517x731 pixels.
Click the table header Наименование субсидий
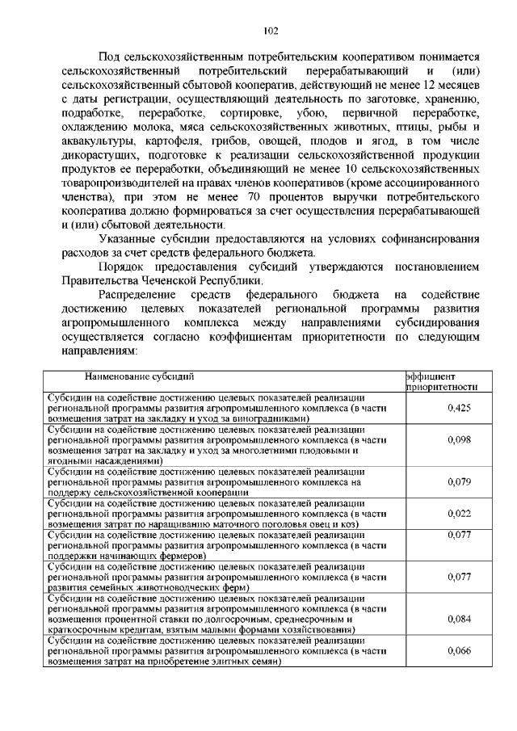(x=139, y=376)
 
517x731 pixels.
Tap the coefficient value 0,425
(x=459, y=408)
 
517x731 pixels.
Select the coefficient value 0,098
(x=459, y=440)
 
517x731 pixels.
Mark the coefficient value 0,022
(x=459, y=513)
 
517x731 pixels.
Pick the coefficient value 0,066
(x=459, y=650)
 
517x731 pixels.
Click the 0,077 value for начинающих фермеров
(x=459, y=535)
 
